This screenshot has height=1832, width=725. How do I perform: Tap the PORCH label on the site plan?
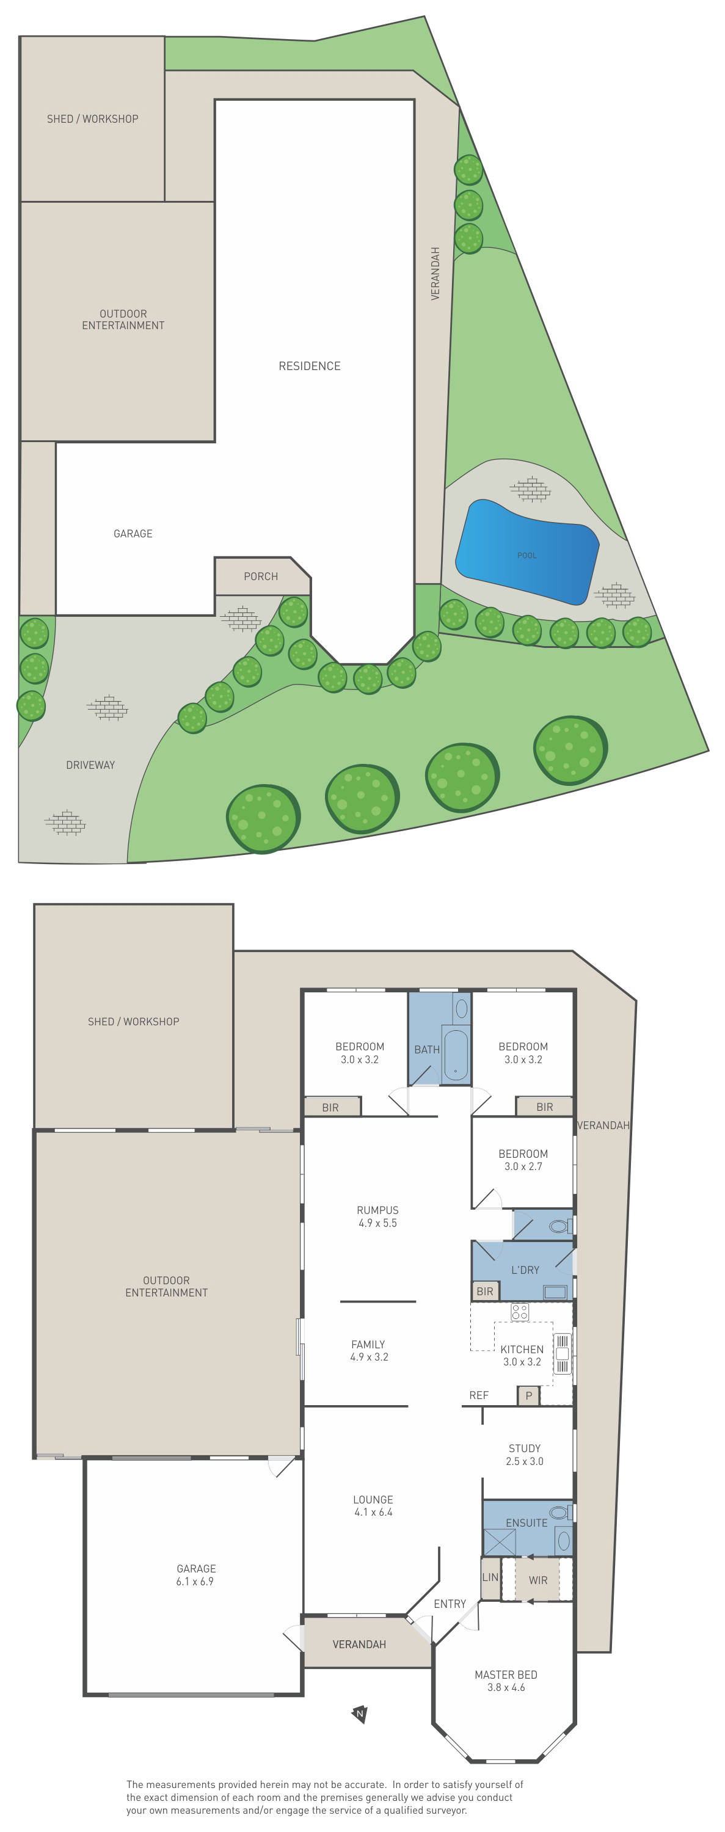[x=260, y=576]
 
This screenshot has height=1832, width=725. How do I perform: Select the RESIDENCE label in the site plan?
[x=309, y=366]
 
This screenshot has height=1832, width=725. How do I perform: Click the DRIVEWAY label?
[x=90, y=765]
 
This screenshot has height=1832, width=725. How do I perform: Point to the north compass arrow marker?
[x=360, y=1714]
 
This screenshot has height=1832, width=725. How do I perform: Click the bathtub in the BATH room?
[x=456, y=1055]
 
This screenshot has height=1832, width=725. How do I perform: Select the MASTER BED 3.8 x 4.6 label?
[x=506, y=1681]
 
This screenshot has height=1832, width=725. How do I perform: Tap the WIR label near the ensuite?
[x=538, y=1580]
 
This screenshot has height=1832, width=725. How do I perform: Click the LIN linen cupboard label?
[x=490, y=1577]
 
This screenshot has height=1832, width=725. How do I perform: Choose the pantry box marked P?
[x=528, y=1395]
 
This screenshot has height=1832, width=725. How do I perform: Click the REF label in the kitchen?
[x=479, y=1395]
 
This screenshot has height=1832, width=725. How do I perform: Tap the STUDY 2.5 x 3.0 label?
[x=525, y=1455]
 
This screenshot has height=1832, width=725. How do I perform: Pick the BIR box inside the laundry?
[x=484, y=1291]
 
